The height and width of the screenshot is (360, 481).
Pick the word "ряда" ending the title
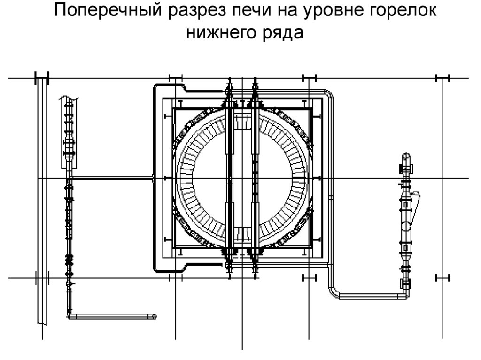281,32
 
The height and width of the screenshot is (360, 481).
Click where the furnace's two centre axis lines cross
241,178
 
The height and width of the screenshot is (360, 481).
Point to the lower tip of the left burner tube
229,274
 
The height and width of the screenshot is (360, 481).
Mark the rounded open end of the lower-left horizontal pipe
155,316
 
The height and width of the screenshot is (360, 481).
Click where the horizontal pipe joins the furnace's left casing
154,178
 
